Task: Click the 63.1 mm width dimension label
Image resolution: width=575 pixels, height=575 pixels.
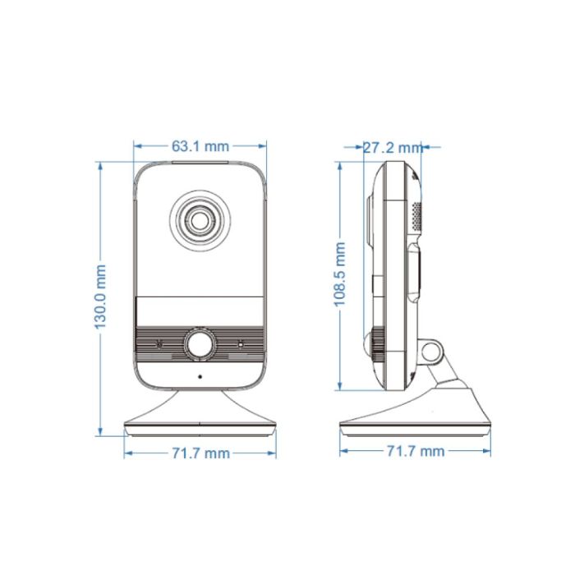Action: (200, 147)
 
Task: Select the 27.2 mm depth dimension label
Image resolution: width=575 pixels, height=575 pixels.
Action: (392, 148)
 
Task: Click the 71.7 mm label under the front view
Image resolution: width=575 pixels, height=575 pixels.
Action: (200, 453)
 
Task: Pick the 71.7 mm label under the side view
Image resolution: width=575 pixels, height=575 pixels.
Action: (415, 451)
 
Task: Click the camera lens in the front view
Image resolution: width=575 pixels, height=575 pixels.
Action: (200, 219)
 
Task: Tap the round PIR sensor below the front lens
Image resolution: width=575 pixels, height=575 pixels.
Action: (200, 344)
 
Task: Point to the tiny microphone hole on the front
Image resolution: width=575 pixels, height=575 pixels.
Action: (200, 377)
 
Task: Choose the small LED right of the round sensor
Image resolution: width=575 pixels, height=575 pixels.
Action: (240, 344)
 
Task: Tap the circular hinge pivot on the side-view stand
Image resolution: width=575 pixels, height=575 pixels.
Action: (431, 351)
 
